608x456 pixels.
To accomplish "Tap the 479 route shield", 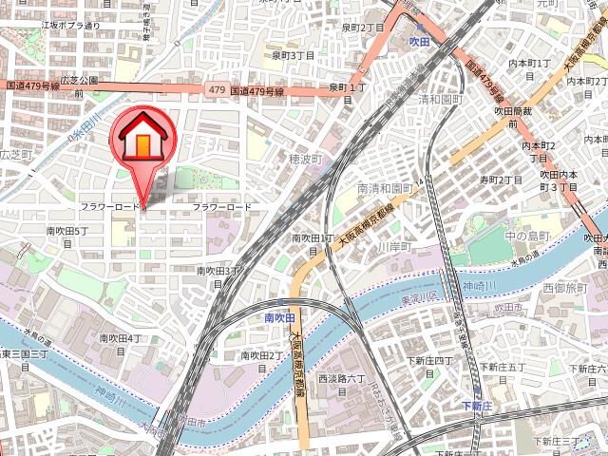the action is click(x=215, y=90).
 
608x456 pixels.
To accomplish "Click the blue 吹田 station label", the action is click(x=420, y=43).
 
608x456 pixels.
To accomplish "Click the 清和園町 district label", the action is click(x=439, y=99).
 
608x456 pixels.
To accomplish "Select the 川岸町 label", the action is click(x=390, y=247).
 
